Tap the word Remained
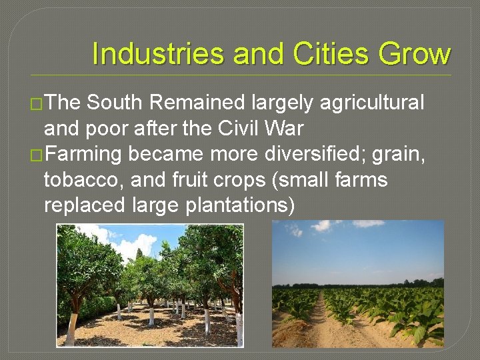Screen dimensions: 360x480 click(x=198, y=103)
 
